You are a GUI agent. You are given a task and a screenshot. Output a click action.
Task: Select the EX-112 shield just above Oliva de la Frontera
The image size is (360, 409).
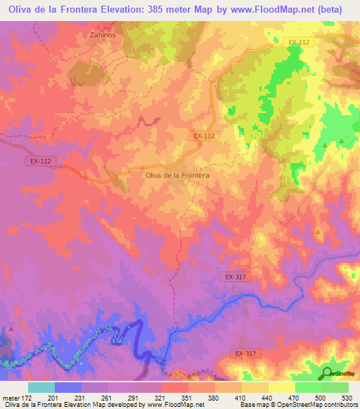(203, 134)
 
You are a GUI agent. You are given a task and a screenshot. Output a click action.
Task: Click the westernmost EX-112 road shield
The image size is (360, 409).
(41, 161)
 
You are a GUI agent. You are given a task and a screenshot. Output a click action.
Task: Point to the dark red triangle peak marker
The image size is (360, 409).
(11, 329)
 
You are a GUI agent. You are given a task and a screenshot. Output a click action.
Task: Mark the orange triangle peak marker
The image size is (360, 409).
(318, 231)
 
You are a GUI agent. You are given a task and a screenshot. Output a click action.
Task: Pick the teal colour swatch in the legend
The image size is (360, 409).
(41, 387)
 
